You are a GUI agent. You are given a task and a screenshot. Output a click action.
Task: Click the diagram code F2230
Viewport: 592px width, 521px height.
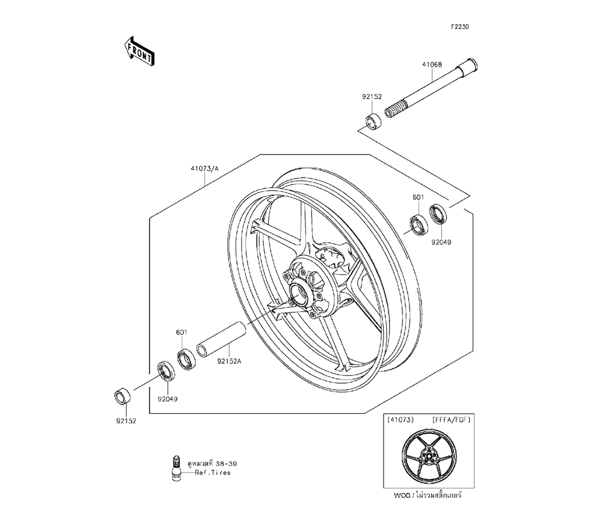[x=461, y=27]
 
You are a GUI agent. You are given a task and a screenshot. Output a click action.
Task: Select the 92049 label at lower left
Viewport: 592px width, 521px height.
[x=168, y=398]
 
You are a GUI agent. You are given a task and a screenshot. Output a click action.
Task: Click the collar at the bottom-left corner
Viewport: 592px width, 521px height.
[x=123, y=395]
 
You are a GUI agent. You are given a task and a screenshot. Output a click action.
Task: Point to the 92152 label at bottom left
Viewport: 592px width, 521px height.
[x=125, y=423]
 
